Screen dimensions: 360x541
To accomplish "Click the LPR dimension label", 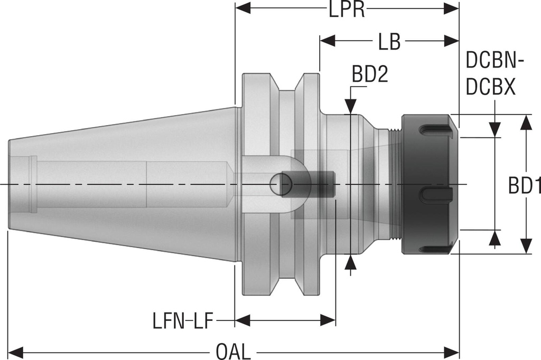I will point(347,9).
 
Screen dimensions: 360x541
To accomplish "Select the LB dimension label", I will point(389,42).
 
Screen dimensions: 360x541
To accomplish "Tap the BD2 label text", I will point(370,75).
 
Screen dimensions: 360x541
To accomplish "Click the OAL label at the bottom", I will point(233,350).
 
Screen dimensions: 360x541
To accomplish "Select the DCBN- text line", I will point(495,62).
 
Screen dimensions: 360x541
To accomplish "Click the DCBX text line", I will point(490,87).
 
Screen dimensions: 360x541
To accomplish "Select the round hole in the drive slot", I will point(281,184).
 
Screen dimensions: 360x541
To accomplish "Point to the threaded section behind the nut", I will point(395,184).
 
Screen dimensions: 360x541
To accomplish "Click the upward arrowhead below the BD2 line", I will point(351,261).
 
